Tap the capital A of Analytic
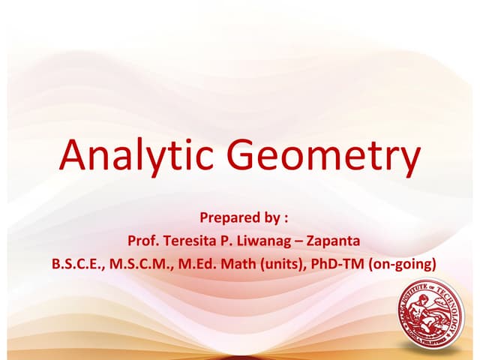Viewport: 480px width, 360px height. [74, 155]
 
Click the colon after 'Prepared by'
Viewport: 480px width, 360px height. [285, 219]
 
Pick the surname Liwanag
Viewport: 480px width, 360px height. [257, 241]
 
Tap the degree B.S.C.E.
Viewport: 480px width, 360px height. [79, 264]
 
